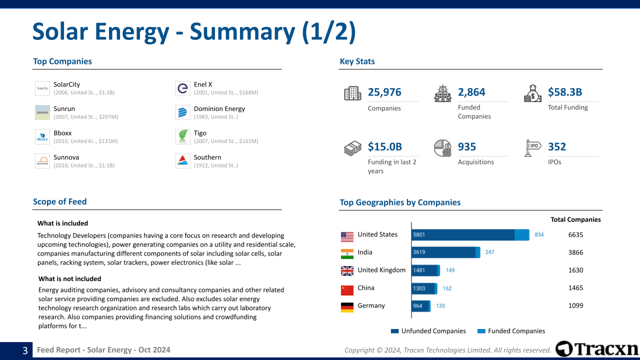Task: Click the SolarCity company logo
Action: point(42,88)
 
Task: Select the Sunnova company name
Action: point(66,157)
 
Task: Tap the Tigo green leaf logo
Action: point(182,137)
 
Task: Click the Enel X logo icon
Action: point(182,88)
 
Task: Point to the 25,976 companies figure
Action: point(384,92)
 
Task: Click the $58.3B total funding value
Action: point(565,92)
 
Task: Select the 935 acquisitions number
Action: point(467,146)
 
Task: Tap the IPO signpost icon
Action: point(533,148)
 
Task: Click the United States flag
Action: point(347,235)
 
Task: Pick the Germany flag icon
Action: point(347,307)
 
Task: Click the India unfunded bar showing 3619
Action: point(443,252)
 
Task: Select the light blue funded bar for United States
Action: point(521,235)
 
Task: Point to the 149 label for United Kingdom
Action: point(450,270)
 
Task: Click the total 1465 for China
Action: point(575,288)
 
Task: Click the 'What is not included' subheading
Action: point(69,279)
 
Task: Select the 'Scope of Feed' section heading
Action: point(60,201)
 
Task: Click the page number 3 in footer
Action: point(25,350)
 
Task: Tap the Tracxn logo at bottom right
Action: point(597,349)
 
